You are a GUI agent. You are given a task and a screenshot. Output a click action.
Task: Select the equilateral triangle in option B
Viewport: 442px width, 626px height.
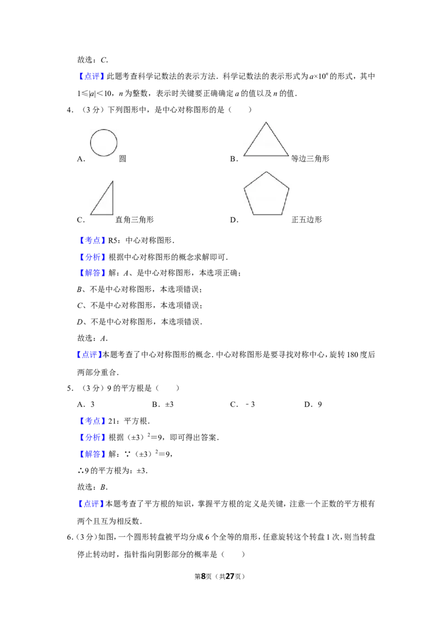tap(255, 139)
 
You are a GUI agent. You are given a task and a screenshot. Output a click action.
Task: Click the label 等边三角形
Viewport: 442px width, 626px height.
tap(311, 159)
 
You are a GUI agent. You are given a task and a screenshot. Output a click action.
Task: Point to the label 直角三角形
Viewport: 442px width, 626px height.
tap(134, 220)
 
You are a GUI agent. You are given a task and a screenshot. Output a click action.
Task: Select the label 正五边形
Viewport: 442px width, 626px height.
tap(307, 220)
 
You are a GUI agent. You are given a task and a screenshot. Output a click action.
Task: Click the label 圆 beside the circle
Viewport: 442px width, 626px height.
tap(123, 159)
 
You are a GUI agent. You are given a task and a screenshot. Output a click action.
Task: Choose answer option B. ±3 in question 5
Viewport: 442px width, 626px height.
tap(163, 404)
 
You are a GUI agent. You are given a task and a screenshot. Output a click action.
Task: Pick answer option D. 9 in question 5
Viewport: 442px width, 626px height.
tap(313, 404)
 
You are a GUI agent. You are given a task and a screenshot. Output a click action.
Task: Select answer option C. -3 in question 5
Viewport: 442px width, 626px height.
tap(243, 404)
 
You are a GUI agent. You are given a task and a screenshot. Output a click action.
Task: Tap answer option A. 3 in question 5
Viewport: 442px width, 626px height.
tap(86, 404)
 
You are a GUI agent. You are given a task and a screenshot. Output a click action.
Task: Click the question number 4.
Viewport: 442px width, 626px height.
tap(70, 110)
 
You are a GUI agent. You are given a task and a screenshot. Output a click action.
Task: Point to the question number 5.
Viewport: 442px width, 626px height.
tap(70, 388)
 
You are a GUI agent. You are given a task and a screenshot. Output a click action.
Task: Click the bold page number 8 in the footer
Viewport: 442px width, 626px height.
tap(203, 576)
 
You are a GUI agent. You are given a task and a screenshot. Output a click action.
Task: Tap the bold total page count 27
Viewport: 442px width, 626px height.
tap(230, 576)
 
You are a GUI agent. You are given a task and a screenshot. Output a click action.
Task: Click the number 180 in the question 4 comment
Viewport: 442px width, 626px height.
tap(353, 355)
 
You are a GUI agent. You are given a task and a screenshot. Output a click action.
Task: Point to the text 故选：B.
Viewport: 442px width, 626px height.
tap(93, 487)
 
